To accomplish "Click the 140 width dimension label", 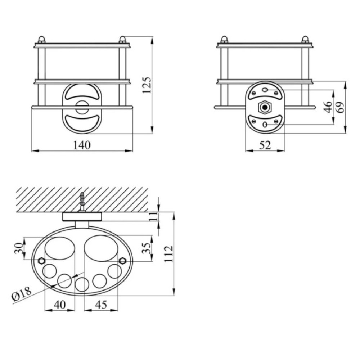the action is [x=82, y=145].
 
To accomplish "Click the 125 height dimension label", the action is [x=147, y=85].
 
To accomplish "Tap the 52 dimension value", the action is [x=265, y=145].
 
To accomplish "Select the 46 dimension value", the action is [x=329, y=107].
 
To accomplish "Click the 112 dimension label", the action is [x=169, y=254].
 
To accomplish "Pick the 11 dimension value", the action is [x=154, y=216].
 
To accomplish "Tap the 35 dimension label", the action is [x=147, y=248].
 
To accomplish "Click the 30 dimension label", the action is [x=19, y=248].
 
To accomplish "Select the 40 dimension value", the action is [x=60, y=305].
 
